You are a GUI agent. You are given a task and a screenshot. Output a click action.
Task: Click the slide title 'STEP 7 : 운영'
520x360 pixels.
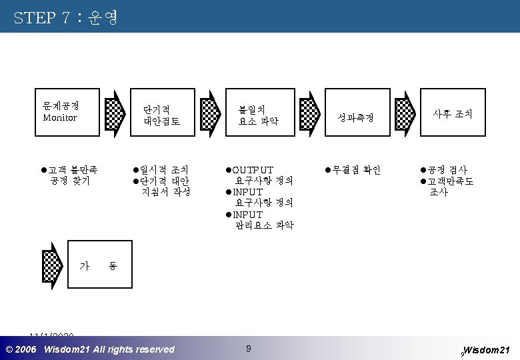65,17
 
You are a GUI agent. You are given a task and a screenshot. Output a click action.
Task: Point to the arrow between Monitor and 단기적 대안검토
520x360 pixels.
116,113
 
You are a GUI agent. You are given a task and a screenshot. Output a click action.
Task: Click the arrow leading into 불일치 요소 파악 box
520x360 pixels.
213,113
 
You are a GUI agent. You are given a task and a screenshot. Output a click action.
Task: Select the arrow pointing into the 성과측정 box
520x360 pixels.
309,113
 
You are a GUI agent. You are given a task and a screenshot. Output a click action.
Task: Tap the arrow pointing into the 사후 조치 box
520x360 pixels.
405,113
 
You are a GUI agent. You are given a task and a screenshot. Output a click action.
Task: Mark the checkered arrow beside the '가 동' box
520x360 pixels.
53,265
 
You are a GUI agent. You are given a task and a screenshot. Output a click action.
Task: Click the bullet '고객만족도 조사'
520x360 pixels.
449,187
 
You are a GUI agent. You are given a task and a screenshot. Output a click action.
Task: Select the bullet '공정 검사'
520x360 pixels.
446,170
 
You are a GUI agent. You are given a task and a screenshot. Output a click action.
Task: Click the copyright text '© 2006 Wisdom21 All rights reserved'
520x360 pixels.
90,349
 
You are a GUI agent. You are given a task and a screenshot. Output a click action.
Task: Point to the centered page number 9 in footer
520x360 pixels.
248,348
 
